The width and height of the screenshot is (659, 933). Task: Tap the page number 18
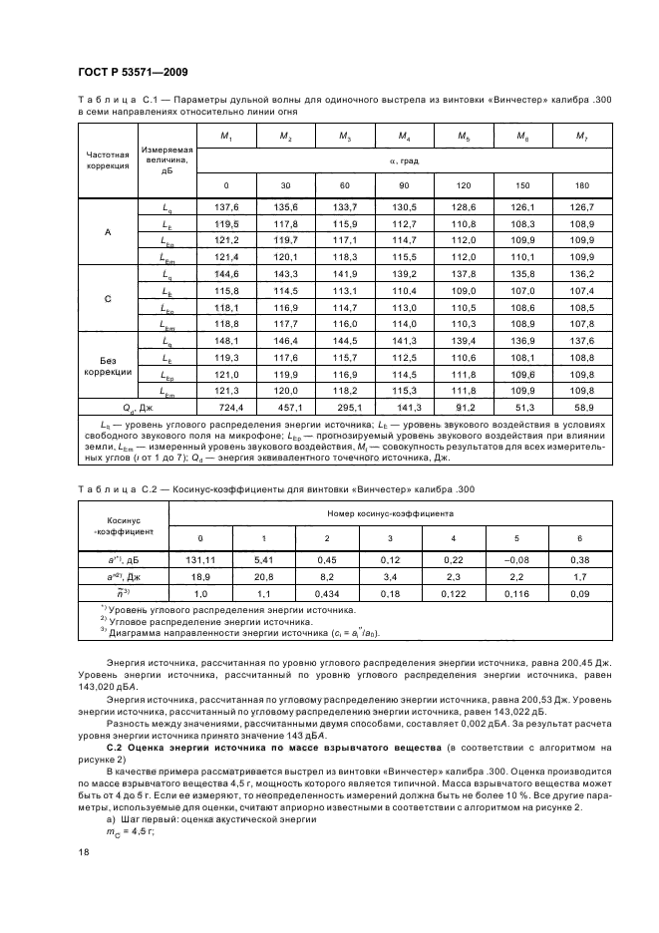(83, 852)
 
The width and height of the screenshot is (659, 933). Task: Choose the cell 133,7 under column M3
(344, 206)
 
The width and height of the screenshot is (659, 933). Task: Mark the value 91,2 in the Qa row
(466, 409)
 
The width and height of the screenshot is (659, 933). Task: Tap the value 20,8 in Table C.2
(263, 577)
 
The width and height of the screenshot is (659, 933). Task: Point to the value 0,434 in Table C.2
(326, 595)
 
